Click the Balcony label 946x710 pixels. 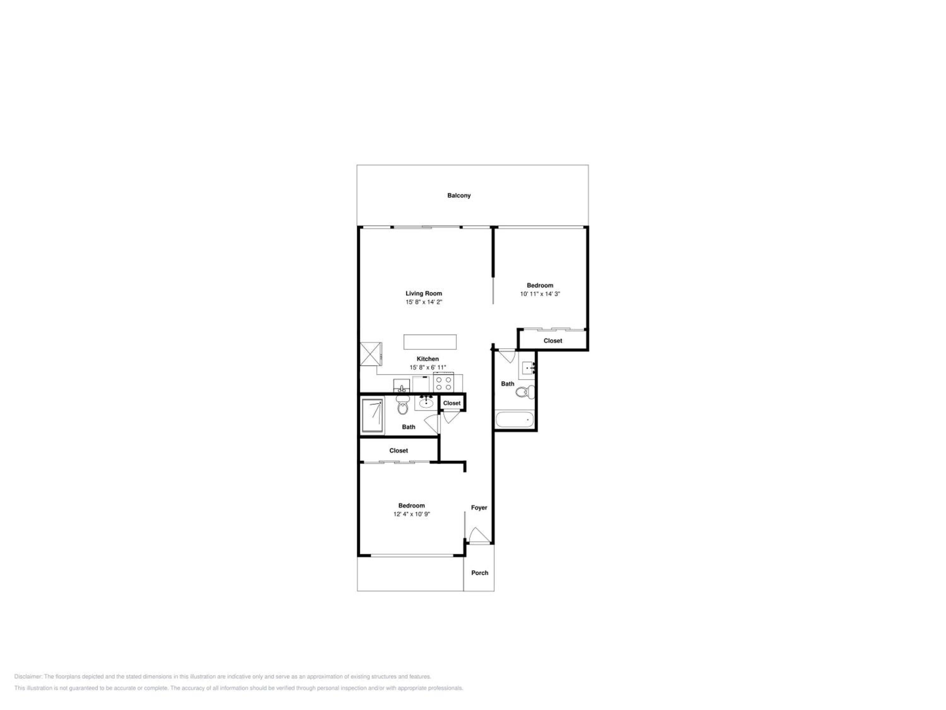tap(459, 196)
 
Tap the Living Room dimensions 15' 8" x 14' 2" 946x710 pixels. tap(424, 302)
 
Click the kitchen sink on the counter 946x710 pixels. tap(402, 386)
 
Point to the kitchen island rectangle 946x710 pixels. tap(430, 342)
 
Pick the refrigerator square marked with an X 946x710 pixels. tap(371, 354)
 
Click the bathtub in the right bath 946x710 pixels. tap(515, 419)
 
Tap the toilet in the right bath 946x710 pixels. tap(525, 392)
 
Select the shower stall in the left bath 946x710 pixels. tap(372, 416)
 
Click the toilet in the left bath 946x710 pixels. tap(402, 405)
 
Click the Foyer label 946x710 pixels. tap(479, 507)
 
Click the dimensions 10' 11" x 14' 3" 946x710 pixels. tap(540, 294)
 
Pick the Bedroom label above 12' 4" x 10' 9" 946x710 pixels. tap(412, 506)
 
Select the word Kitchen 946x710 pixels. tap(428, 359)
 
